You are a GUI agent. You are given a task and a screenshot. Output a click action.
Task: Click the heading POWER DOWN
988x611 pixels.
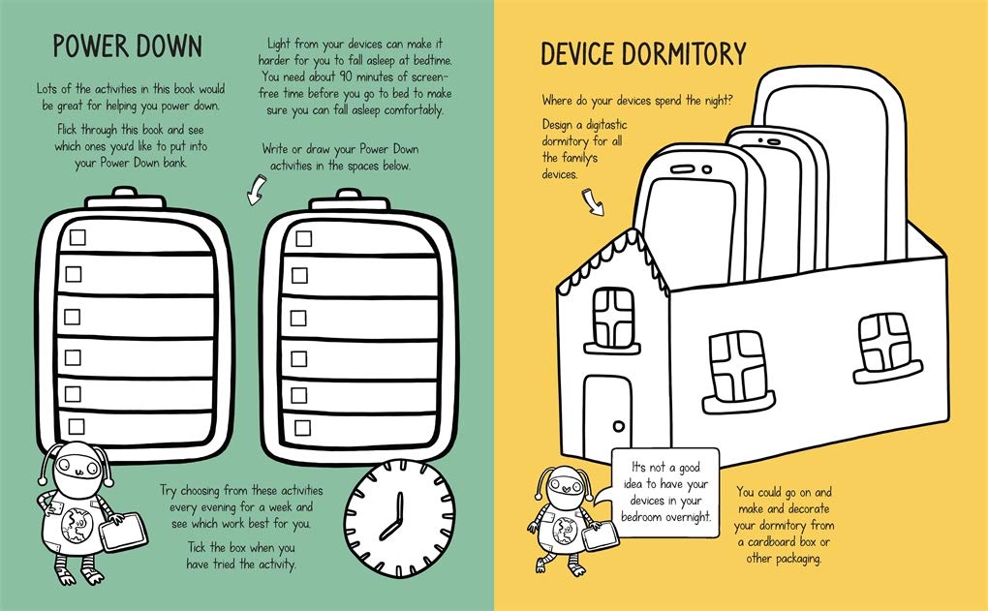tap(127, 46)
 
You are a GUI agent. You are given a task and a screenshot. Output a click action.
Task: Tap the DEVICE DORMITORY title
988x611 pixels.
tap(643, 53)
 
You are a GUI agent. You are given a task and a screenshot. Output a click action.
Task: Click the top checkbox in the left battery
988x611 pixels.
tap(77, 237)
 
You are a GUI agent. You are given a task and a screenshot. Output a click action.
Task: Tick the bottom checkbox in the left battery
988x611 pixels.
tap(77, 426)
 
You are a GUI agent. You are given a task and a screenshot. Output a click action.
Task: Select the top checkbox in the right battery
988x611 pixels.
tap(304, 239)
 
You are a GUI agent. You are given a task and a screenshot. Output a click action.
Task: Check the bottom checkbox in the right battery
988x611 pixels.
tap(302, 428)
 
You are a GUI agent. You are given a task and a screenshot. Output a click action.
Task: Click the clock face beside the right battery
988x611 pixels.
tap(399, 517)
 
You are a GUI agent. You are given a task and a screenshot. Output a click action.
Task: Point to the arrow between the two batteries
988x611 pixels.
tap(256, 190)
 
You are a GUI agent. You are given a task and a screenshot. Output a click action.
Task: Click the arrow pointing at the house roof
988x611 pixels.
tap(592, 201)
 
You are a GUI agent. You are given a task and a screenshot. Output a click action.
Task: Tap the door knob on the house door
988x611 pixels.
tap(619, 426)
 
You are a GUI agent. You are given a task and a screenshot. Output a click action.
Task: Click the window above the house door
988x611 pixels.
tap(612, 320)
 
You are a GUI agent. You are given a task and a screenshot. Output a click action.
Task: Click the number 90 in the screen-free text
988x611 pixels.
tap(345, 76)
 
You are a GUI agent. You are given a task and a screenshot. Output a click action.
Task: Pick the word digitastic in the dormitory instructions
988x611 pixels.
tap(606, 125)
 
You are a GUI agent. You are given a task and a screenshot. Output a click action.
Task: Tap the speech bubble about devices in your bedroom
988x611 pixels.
tap(665, 491)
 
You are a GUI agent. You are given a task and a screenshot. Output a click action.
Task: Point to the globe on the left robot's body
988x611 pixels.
tap(76, 524)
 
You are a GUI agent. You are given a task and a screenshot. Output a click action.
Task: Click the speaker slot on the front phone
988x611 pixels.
tap(683, 169)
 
